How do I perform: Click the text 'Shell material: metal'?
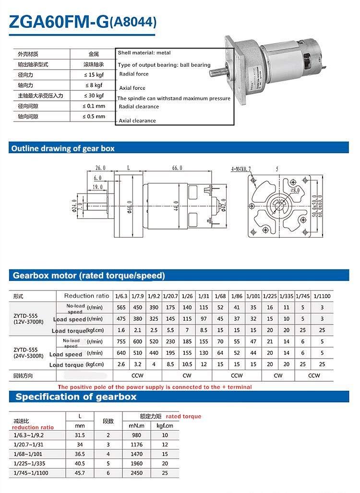(144, 53)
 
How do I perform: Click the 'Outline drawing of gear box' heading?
(63, 148)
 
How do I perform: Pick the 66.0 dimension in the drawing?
(177, 168)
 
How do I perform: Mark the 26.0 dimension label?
(100, 168)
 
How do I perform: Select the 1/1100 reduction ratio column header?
(322, 296)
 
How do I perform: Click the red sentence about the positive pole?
(155, 387)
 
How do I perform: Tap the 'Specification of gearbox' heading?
(76, 397)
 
